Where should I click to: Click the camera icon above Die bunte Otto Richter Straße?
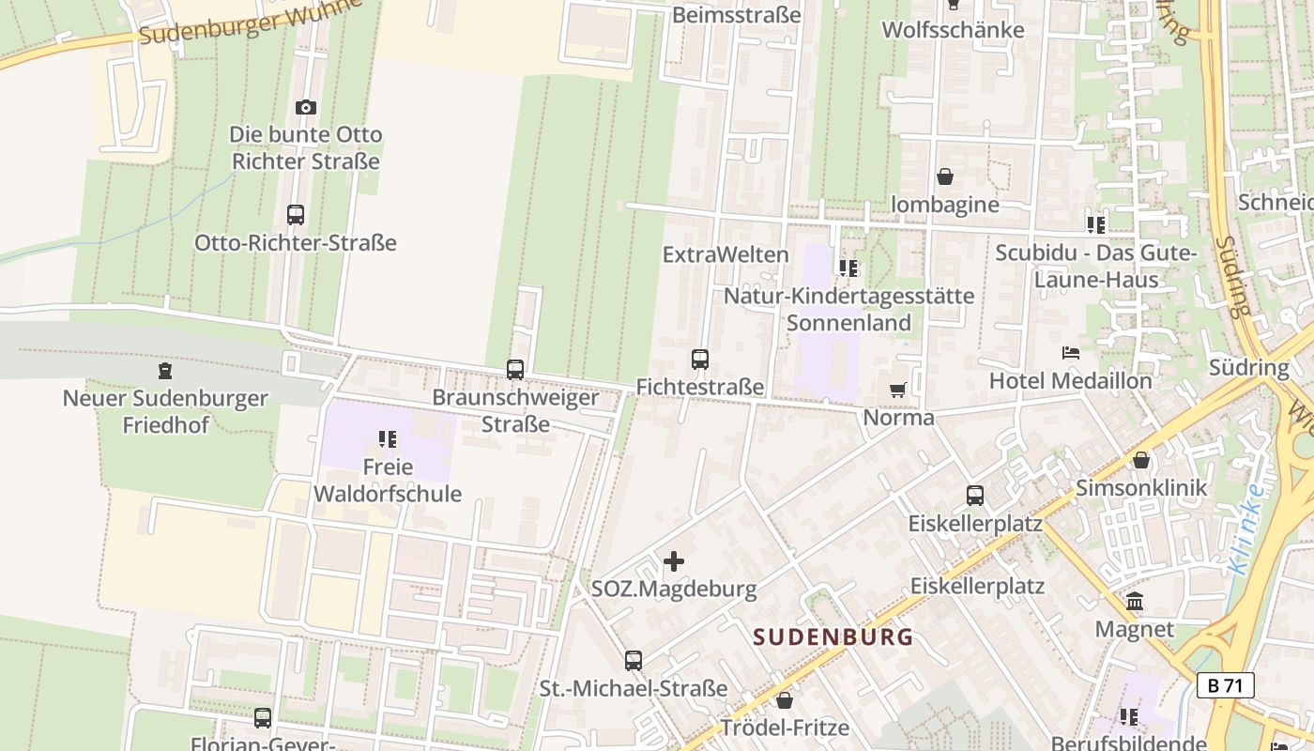[306, 108]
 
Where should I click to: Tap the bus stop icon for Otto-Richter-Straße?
[296, 215]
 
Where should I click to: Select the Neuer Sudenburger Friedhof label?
[165, 411]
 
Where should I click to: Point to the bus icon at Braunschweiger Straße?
[515, 370]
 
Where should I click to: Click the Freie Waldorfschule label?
[388, 481]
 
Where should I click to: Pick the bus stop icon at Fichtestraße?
[700, 360]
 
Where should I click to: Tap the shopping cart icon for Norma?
[898, 390]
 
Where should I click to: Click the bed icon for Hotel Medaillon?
[1071, 353]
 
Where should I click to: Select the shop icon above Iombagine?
[945, 176]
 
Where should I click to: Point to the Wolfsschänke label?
[953, 29]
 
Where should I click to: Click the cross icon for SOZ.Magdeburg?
[674, 562]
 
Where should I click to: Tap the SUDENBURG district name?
[833, 637]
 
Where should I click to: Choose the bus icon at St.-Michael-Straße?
[634, 661]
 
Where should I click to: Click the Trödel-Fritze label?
[785, 728]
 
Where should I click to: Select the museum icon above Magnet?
[1135, 602]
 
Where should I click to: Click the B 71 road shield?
[1226, 685]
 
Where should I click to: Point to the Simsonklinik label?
[1141, 488]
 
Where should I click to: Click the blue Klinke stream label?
[1245, 530]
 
